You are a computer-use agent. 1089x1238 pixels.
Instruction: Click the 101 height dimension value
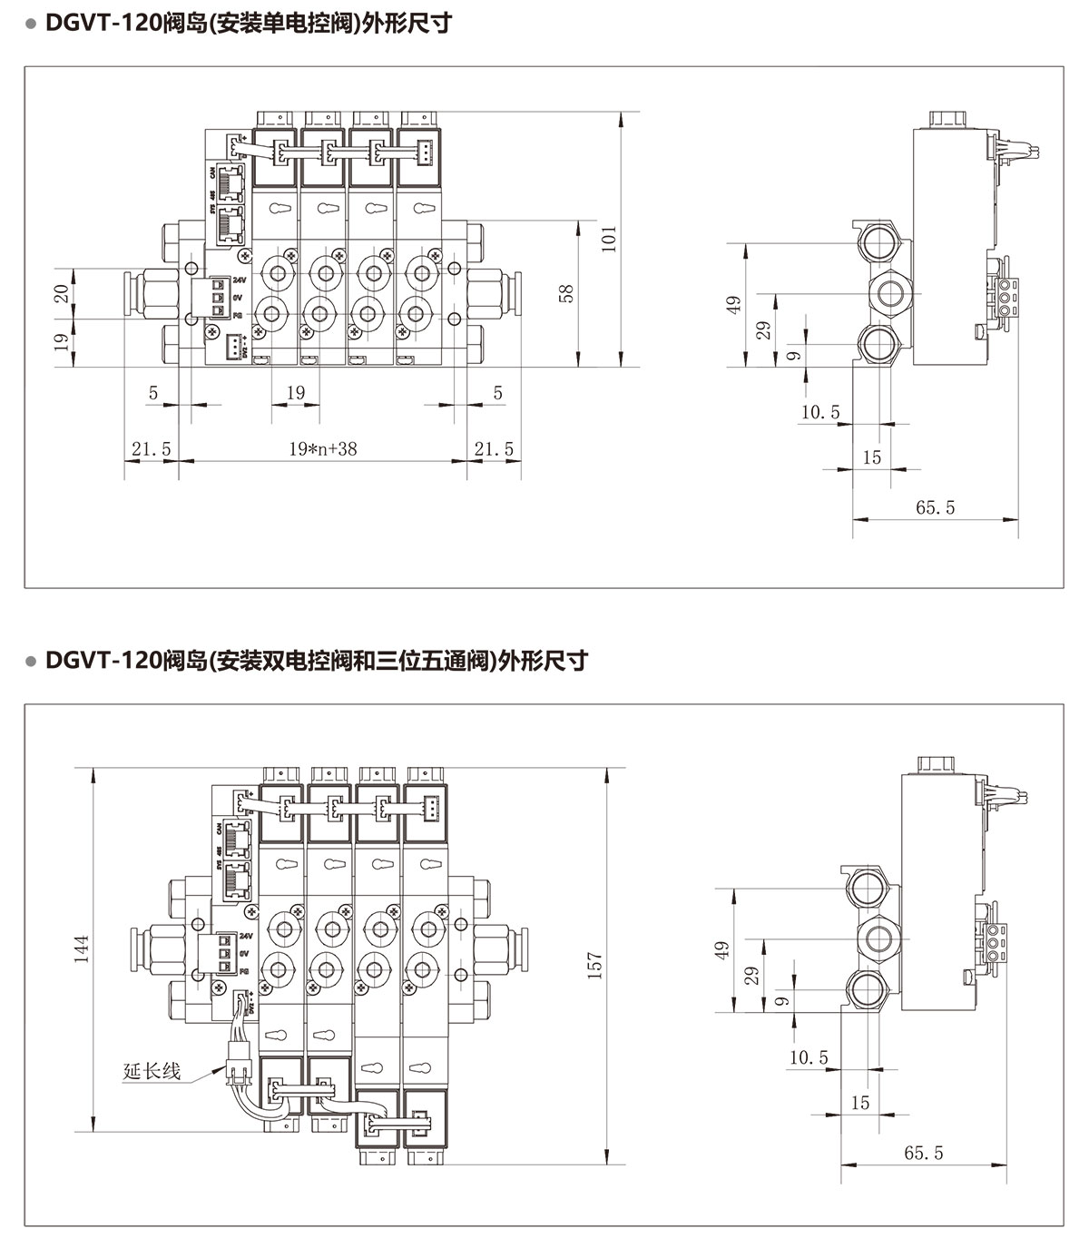tap(610, 238)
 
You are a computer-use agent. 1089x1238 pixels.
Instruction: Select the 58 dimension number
tap(567, 293)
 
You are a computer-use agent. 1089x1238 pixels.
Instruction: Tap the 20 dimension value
tap(61, 293)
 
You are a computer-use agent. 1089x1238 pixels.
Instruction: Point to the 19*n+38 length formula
tap(323, 448)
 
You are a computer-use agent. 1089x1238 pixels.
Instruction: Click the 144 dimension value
tap(82, 948)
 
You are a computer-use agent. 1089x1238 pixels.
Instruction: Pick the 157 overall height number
tap(594, 964)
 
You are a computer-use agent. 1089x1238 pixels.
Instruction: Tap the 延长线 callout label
tap(152, 1071)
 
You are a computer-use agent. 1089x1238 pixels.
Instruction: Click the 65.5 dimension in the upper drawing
tap(935, 507)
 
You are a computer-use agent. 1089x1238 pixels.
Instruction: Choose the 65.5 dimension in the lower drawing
tap(924, 1153)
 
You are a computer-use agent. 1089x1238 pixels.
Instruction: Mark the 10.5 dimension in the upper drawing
tap(820, 413)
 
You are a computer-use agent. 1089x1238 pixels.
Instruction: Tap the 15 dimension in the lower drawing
tap(860, 1103)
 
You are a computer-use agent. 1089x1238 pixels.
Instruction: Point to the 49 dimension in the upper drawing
tap(734, 303)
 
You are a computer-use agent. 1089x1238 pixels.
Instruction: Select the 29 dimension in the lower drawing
tap(751, 976)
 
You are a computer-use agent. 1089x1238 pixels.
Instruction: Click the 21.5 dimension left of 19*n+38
tap(151, 448)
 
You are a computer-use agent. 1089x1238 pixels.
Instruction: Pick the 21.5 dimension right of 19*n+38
tap(495, 448)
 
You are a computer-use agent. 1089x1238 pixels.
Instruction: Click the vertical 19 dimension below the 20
tap(61, 341)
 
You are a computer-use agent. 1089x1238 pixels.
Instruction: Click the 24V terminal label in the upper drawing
tap(240, 280)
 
